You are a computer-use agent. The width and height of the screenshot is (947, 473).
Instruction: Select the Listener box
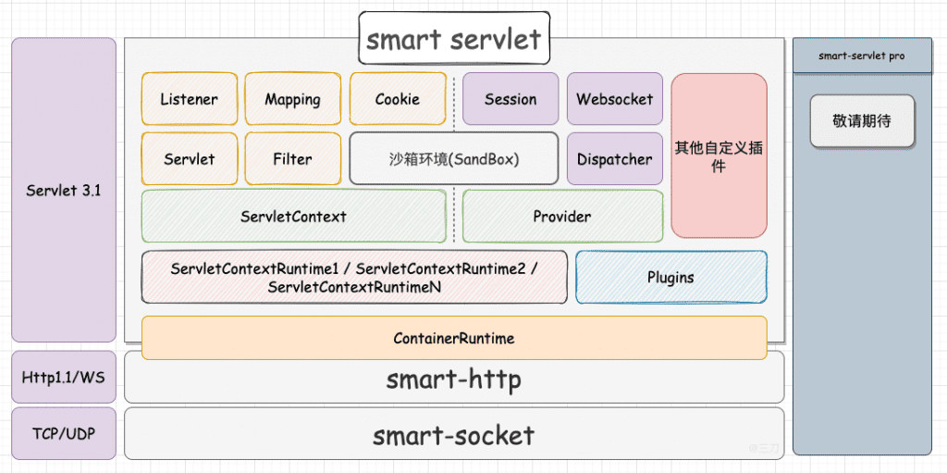pyautogui.click(x=189, y=99)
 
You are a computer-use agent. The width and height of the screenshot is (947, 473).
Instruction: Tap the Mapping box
pyautogui.click(x=292, y=99)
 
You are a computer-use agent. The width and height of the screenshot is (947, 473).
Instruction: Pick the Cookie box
pyautogui.click(x=397, y=99)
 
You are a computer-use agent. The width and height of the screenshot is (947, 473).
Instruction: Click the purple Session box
pyautogui.click(x=510, y=99)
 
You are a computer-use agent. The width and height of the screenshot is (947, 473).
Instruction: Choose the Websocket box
pyautogui.click(x=614, y=99)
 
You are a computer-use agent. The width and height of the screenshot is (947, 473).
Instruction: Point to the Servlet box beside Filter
pyautogui.click(x=189, y=159)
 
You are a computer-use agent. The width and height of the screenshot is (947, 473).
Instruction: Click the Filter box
pyautogui.click(x=292, y=159)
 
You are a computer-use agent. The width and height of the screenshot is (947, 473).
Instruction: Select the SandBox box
pyautogui.click(x=454, y=159)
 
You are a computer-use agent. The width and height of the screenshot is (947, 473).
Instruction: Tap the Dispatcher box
pyautogui.click(x=614, y=159)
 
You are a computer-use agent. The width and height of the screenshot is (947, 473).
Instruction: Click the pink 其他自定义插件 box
pyautogui.click(x=719, y=156)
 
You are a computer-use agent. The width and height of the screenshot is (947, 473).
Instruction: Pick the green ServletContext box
pyautogui.click(x=293, y=217)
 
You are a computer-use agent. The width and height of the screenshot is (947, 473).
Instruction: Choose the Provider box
pyautogui.click(x=562, y=217)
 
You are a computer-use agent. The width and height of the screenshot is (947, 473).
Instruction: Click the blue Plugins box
pyautogui.click(x=670, y=277)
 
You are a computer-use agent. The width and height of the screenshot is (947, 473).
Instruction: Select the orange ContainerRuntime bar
pyautogui.click(x=454, y=338)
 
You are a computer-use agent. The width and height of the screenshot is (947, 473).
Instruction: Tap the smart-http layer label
pyautogui.click(x=454, y=379)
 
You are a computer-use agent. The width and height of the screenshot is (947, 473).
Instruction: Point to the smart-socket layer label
pyautogui.click(x=454, y=435)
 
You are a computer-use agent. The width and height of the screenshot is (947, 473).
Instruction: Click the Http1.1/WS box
pyautogui.click(x=64, y=377)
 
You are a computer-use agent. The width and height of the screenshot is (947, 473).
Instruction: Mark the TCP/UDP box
pyautogui.click(x=64, y=433)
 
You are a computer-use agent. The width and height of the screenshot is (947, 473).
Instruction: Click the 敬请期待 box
pyautogui.click(x=862, y=121)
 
